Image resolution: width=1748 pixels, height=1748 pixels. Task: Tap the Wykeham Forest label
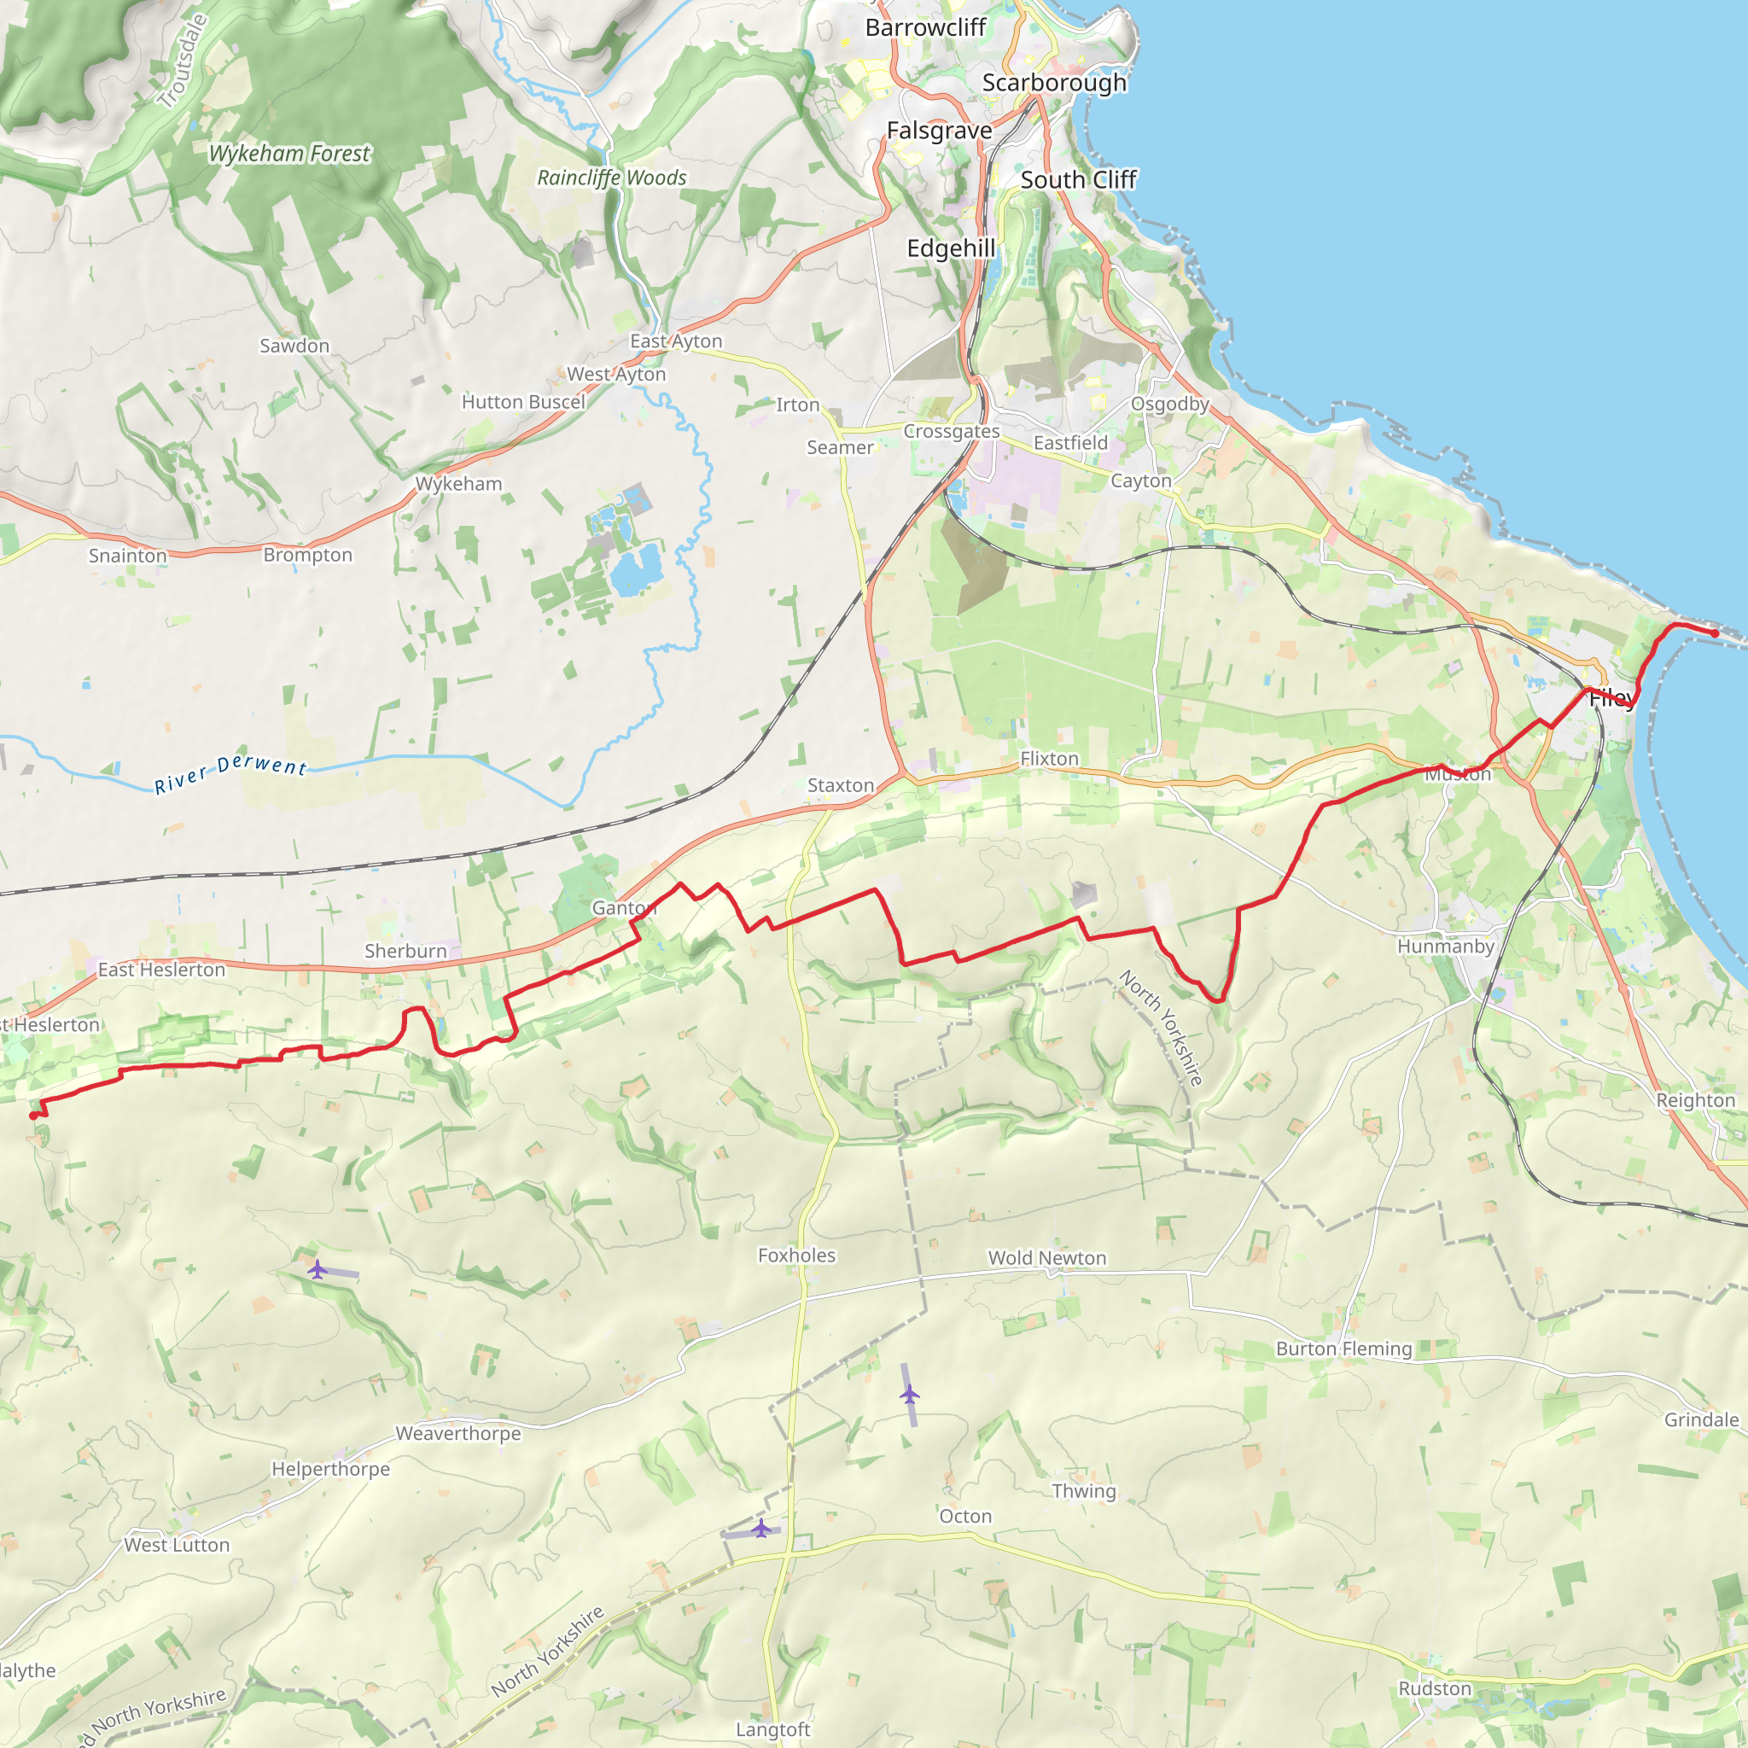coord(289,154)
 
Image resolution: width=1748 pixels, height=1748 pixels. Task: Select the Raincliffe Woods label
coord(612,178)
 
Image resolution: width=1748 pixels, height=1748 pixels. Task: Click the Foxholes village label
coord(796,1255)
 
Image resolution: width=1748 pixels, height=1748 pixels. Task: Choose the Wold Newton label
coord(1046,1257)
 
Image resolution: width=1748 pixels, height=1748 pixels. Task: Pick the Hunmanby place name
coord(1446,947)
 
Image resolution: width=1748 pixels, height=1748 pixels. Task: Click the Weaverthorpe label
coord(457,1433)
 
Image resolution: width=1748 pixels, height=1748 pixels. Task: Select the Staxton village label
coord(841,785)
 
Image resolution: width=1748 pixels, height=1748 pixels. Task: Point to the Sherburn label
coord(405,951)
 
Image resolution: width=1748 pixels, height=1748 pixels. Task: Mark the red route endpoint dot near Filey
coord(1715,633)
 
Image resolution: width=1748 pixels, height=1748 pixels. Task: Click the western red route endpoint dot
coord(33,1116)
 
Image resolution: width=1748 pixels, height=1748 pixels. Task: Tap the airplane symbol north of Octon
coord(909,1395)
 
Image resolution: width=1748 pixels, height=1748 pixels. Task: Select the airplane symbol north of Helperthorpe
coord(317,1269)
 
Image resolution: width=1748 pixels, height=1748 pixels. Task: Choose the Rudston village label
coord(1435,1688)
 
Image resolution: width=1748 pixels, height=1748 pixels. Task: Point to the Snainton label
coord(127,556)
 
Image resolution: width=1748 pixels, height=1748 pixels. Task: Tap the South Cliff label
coord(1079,180)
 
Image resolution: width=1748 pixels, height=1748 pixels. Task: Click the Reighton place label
coord(1696,1100)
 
